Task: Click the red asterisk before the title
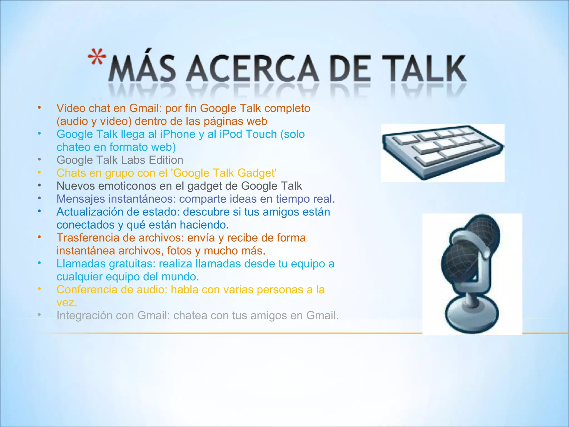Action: [x=97, y=57]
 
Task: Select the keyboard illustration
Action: [x=442, y=152]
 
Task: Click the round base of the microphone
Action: [x=472, y=314]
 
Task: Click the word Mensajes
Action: [x=81, y=199]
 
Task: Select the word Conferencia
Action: [x=87, y=290]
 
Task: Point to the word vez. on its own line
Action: [x=67, y=303]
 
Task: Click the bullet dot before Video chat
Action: [x=39, y=108]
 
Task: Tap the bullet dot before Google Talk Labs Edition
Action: [x=39, y=160]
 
